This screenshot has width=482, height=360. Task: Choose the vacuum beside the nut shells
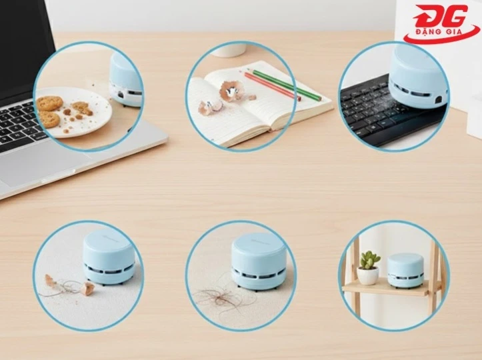pyautogui.click(x=109, y=259)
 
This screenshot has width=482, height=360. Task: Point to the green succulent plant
pyautogui.click(x=369, y=259)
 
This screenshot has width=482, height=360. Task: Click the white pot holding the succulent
pyautogui.click(x=367, y=275)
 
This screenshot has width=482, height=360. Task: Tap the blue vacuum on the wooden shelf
pyautogui.click(x=405, y=270)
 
